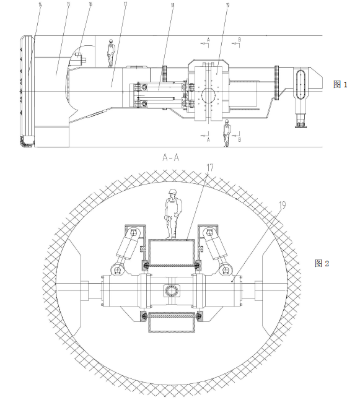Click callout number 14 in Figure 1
click(x=40, y=4)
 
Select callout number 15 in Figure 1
click(x=68, y=4)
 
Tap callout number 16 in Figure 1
click(x=90, y=4)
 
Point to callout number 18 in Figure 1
click(x=172, y=5)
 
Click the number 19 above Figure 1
click(x=227, y=5)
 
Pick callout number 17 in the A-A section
click(x=210, y=167)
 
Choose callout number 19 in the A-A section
click(x=283, y=205)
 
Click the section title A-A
click(x=170, y=157)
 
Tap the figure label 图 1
click(x=340, y=84)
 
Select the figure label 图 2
click(x=322, y=263)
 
